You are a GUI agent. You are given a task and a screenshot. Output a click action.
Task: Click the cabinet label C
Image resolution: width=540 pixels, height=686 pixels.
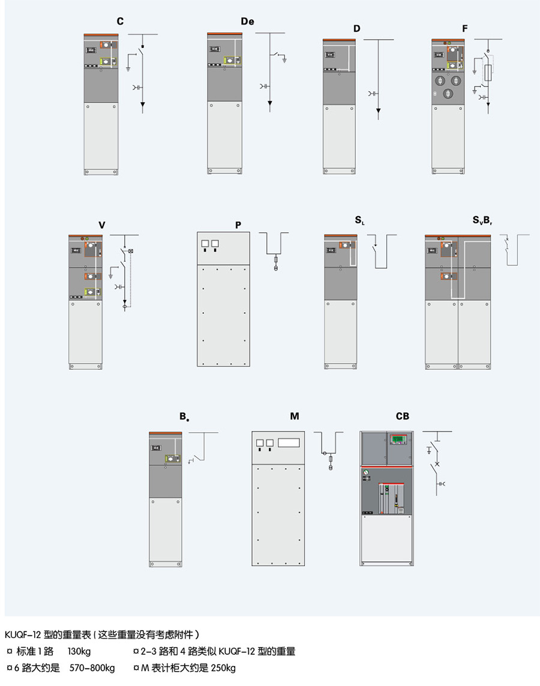click(x=120, y=22)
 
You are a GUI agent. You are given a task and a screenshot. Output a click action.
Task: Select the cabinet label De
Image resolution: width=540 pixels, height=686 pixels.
click(x=247, y=22)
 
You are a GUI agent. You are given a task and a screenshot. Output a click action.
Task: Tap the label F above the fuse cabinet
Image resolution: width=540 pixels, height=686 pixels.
click(x=465, y=28)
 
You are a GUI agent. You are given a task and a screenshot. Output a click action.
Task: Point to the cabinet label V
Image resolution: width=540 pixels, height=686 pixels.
click(x=102, y=225)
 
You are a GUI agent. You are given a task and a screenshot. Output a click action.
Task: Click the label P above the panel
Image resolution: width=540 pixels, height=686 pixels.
click(x=238, y=225)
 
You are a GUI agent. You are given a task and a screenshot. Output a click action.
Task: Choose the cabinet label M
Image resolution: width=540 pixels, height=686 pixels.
click(x=295, y=416)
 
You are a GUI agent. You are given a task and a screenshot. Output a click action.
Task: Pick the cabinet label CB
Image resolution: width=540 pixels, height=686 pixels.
click(x=402, y=416)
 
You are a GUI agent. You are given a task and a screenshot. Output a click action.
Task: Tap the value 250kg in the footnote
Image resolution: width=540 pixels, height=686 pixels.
click(x=223, y=668)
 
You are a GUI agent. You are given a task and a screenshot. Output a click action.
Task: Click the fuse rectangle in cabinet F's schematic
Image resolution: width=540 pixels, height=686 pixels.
click(x=490, y=73)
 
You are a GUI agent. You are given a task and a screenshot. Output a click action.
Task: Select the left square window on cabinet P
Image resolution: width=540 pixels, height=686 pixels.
click(x=205, y=244)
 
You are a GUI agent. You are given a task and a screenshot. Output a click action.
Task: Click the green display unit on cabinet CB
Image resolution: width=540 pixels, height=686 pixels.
click(x=398, y=440)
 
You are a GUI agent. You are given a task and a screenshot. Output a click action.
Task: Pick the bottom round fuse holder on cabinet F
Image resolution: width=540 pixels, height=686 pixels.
click(x=448, y=94)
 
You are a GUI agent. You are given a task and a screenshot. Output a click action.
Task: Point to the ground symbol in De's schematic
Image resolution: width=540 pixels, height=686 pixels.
click(x=286, y=59)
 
